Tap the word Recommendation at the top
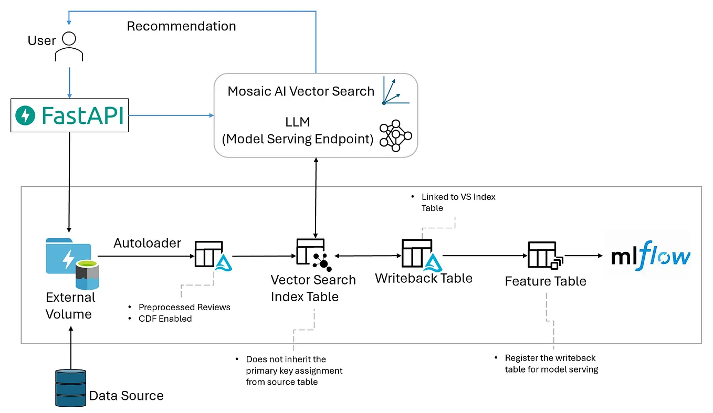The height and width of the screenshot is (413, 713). pos(181,26)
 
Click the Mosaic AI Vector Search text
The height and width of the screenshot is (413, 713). pos(301,91)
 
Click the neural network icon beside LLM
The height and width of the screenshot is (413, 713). pos(395,135)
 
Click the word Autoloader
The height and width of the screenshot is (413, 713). pos(148,243)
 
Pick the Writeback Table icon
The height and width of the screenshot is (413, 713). pos(420,255)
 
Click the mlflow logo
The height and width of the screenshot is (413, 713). pos(651,257)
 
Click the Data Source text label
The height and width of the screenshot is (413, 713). pos(127,396)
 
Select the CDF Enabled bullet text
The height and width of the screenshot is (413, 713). pos(165,319)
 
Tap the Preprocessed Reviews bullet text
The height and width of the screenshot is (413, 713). pos(184,307)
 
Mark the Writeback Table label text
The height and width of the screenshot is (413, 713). pos(424,278)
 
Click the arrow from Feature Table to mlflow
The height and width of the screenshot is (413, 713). pos(584,256)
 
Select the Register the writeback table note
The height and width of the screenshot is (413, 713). pos(551,363)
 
